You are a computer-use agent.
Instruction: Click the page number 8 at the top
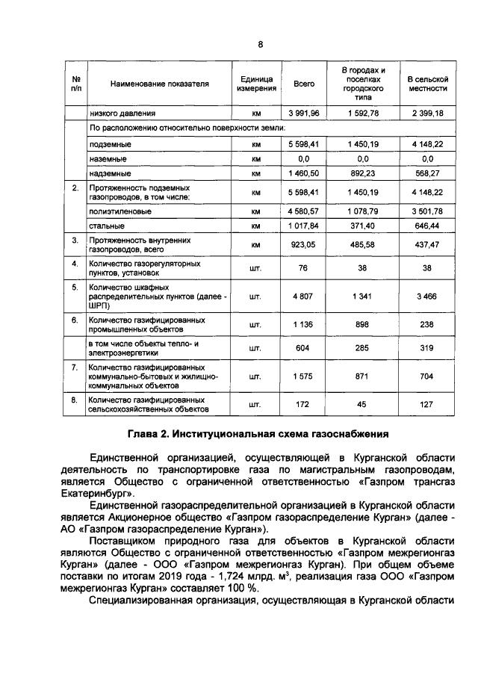(261, 44)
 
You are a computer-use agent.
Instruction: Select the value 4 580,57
(304, 211)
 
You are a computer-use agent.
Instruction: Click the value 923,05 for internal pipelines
(304, 244)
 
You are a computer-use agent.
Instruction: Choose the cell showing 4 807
(304, 297)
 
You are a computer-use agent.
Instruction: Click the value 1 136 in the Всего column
(304, 323)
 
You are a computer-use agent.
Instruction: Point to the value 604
(304, 347)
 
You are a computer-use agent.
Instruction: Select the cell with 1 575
(304, 376)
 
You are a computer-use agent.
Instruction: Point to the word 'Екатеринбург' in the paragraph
(95, 494)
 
